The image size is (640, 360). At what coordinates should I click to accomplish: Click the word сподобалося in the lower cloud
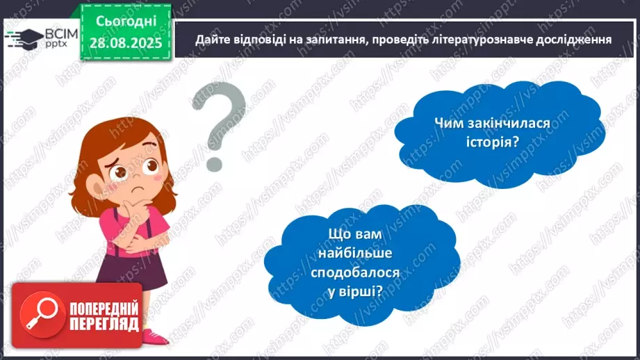click(362, 272)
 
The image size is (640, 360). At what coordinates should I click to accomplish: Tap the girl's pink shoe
click(156, 338)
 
